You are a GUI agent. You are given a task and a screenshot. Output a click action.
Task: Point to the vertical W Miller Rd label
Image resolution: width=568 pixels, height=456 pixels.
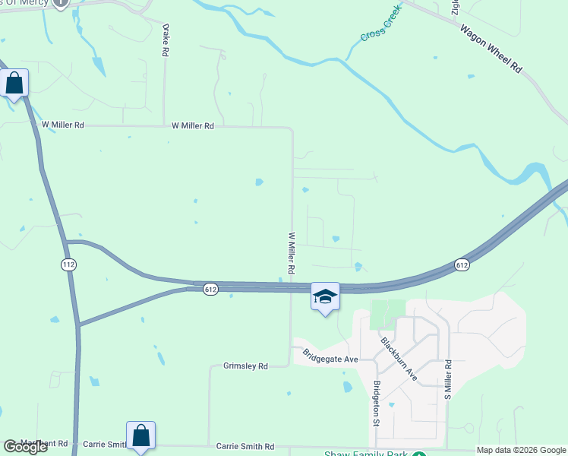coord(291,253)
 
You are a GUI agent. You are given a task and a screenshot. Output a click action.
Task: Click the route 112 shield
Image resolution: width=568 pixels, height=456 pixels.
coord(68,264)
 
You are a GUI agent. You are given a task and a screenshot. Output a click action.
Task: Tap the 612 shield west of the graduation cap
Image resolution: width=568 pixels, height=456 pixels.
coord(211,289)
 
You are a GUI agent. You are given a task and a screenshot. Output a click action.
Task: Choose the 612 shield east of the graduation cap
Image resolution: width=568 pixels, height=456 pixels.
coord(462,264)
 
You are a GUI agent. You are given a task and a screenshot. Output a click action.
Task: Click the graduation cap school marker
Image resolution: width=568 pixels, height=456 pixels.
coord(325,296)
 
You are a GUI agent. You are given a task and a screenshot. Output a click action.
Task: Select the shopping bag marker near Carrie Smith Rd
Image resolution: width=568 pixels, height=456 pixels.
coord(140,435)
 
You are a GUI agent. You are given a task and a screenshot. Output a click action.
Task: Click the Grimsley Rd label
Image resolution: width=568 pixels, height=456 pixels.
coord(246,366)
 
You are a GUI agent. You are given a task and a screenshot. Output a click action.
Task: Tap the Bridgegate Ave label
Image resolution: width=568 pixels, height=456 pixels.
coord(330,355)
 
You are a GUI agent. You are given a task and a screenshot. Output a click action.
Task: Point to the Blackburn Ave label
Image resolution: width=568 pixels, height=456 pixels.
coord(399,358)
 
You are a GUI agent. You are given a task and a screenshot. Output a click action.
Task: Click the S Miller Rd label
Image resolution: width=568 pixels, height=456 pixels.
coord(449,380)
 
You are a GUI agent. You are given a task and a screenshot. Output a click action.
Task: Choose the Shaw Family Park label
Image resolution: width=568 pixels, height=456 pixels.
coord(368,454)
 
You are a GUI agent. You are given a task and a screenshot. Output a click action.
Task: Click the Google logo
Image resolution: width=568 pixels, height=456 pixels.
coord(26,447)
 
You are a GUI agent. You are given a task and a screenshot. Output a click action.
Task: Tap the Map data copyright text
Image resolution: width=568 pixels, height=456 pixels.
coord(520,450)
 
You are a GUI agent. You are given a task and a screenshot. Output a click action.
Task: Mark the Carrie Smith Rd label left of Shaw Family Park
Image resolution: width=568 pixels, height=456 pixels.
coord(245,446)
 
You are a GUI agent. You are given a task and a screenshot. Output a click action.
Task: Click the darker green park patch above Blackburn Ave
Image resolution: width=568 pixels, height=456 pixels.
coord(388,313)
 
